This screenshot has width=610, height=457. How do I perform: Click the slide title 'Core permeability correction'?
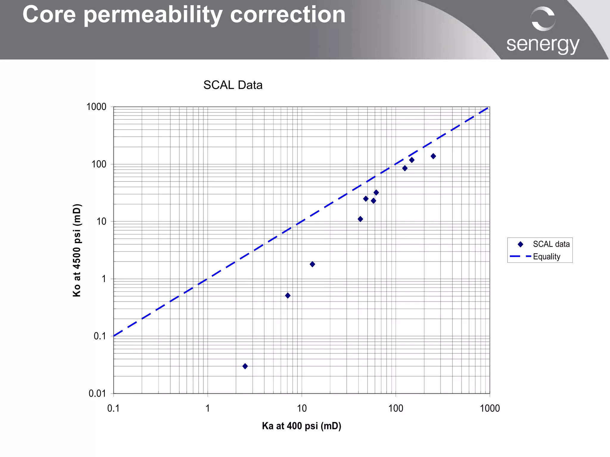tap(184, 15)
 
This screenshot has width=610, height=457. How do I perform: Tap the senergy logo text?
tap(543, 45)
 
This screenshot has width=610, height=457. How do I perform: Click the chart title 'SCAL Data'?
tap(233, 85)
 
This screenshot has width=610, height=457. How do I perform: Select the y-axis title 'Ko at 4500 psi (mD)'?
tap(77, 250)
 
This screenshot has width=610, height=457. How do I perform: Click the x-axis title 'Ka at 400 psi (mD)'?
tap(301, 426)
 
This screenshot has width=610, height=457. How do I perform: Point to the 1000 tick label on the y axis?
tap(96, 107)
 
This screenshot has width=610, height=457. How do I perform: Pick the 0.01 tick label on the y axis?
tap(97, 394)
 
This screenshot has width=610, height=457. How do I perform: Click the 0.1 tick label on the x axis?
tap(113, 408)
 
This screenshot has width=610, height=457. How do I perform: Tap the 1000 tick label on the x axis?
tap(490, 408)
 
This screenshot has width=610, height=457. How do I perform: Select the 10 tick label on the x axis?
tap(302, 408)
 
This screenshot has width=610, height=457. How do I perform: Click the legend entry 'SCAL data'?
tap(551, 244)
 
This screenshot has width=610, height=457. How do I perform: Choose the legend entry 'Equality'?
tap(547, 257)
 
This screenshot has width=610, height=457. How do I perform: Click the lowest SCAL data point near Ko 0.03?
tap(245, 366)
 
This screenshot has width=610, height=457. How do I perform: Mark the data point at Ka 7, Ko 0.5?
tap(288, 296)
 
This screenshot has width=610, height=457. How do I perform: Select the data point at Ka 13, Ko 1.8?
tap(312, 264)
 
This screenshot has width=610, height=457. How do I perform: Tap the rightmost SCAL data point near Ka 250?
tap(433, 156)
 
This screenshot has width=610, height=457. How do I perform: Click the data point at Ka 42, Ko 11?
tap(360, 219)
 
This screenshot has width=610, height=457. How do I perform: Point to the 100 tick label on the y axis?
tap(99, 164)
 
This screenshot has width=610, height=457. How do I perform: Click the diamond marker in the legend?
tap(520, 244)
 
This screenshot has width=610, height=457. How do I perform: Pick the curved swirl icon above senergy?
tap(543, 19)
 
